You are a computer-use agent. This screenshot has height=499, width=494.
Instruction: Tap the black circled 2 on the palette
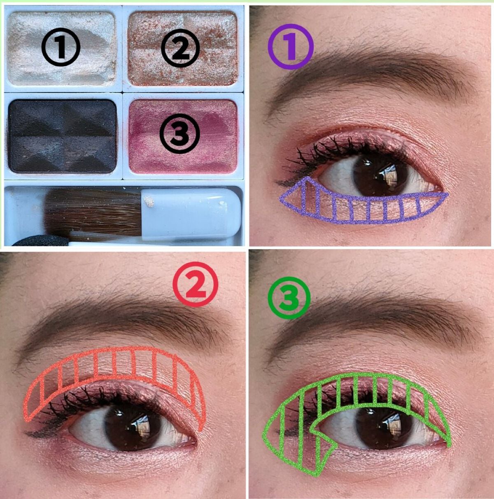(x=180, y=48)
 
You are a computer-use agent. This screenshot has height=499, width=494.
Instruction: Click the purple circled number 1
(x=291, y=47)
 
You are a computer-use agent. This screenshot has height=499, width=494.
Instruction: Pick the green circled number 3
(x=289, y=298)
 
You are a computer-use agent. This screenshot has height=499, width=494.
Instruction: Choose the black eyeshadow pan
(x=62, y=136)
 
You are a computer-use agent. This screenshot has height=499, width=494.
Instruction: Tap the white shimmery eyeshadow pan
(x=62, y=49)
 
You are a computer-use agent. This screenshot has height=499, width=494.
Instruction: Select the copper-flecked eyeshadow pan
(x=183, y=49)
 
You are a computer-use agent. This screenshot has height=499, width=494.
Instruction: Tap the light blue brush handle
(x=191, y=212)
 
